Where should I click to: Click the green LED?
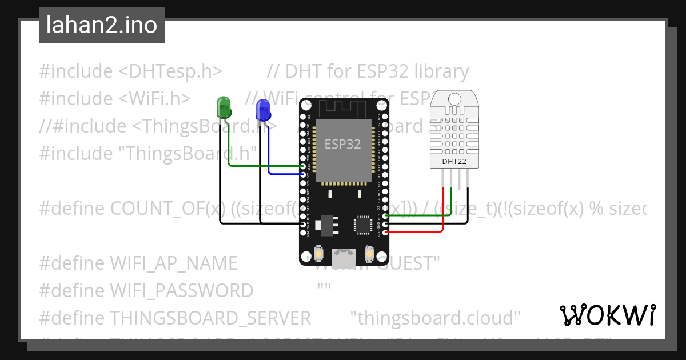(x=223, y=106)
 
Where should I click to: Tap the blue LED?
(x=262, y=108)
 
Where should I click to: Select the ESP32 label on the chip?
(x=343, y=144)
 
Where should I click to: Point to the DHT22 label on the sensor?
(x=454, y=161)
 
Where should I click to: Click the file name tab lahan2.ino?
(x=102, y=25)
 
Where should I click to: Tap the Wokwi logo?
(x=607, y=315)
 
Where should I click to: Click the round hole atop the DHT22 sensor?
(x=454, y=98)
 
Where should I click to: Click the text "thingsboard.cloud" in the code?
(x=435, y=317)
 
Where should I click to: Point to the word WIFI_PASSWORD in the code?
(x=146, y=290)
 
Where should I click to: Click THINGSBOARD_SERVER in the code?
(x=175, y=317)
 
